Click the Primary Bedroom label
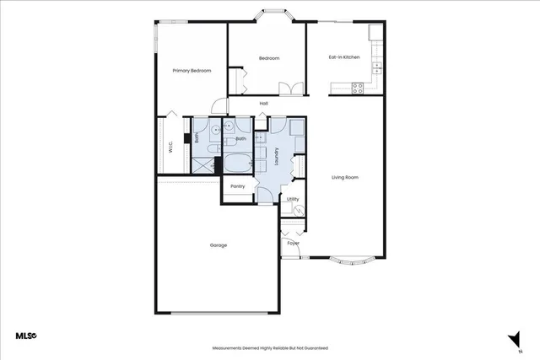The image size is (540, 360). pos(191,71)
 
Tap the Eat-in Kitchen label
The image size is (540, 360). pos(344,57)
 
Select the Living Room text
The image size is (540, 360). pos(345,177)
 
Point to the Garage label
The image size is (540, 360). pos(219,245)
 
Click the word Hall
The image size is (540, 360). pos(264,104)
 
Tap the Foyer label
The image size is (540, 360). pos(293,243)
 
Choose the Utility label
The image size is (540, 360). pos(293,199)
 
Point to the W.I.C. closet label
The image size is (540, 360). pos(170,146)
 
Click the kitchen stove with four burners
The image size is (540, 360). pos(358,85)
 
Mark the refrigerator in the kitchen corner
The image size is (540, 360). pos(375,32)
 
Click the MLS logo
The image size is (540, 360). pos(26,336)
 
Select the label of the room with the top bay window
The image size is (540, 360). pos(268,58)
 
